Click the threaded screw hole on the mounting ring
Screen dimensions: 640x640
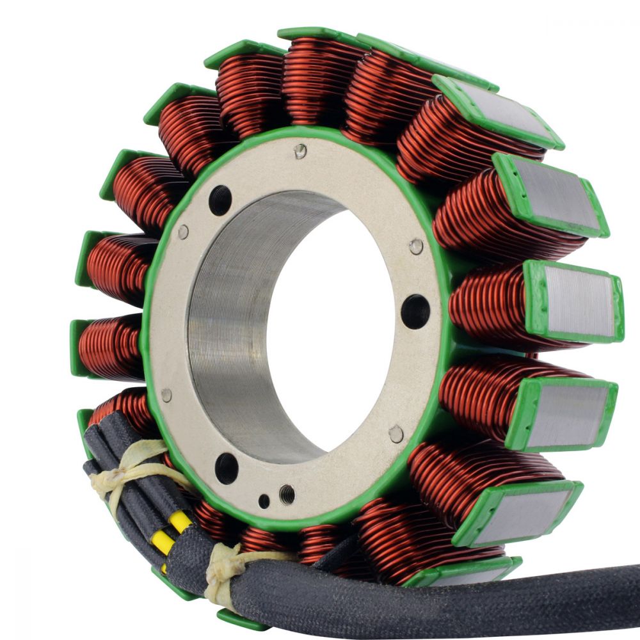[287, 493]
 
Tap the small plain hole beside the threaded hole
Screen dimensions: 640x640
[264, 501]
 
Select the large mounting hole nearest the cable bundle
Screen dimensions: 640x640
[227, 467]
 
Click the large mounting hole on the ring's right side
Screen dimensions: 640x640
[415, 312]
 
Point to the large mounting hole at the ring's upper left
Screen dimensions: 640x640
[220, 200]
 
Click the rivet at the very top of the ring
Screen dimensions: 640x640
[300, 151]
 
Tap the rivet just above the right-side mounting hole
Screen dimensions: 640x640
[416, 246]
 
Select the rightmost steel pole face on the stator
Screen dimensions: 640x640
[579, 301]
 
